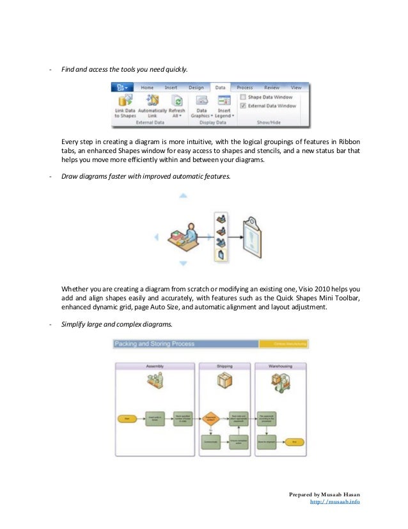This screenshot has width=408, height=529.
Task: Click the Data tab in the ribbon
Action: [219, 87]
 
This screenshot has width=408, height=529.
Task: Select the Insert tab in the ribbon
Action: [171, 87]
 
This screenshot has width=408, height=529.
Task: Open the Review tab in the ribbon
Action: [272, 87]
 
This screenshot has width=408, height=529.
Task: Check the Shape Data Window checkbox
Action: [243, 97]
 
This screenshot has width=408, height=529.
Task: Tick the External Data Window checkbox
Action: [243, 105]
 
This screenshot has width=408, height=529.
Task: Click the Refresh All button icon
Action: [177, 101]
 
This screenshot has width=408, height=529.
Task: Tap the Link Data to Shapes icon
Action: [124, 101]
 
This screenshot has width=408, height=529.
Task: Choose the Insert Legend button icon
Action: [224, 101]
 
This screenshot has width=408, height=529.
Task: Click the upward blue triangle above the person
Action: [183, 195]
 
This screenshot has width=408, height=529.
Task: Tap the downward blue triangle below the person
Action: [183, 277]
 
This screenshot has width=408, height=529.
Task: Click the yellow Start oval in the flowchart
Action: [127, 418]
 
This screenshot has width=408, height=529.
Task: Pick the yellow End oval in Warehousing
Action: [294, 442]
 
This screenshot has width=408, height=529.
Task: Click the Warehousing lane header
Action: [279, 366]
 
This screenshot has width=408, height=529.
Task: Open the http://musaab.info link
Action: [334, 502]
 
